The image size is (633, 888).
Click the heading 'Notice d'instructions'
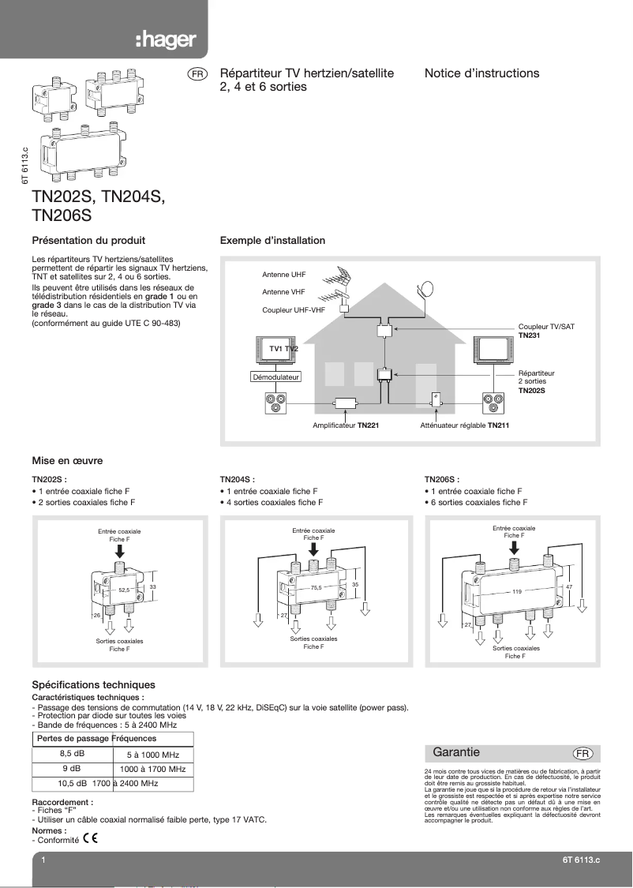pos(481,73)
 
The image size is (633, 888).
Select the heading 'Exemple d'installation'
pos(272,240)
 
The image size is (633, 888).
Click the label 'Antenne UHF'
pos(283,275)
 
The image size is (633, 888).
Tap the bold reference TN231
pos(529,335)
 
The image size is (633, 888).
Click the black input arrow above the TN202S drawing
pos(119,549)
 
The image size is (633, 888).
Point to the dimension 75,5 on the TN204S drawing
pos(316,587)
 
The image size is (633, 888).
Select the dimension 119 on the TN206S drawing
pos(518,590)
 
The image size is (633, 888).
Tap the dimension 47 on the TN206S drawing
pos(569,587)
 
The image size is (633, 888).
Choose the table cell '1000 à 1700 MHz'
pos(152,768)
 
